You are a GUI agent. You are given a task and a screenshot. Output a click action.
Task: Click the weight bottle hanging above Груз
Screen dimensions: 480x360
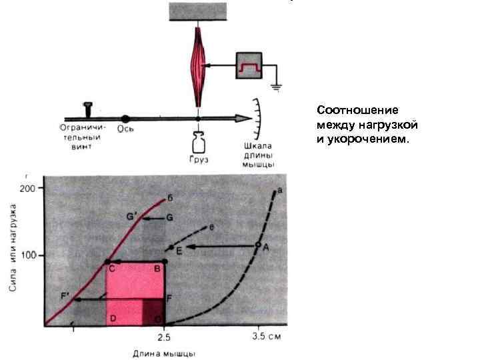[x=198, y=143]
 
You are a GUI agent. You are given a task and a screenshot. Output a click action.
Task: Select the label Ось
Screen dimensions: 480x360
[x=125, y=129]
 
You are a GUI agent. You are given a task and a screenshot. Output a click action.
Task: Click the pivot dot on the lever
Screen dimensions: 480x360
[x=125, y=119]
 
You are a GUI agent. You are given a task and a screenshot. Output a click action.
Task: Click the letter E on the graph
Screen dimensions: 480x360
[x=179, y=251]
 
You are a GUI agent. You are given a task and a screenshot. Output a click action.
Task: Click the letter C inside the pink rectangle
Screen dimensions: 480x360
[x=112, y=269]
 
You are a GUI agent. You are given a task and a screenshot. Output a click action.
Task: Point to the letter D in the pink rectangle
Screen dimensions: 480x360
[x=113, y=319]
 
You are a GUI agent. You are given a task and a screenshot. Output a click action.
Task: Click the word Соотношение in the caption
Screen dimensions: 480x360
[x=347, y=109]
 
